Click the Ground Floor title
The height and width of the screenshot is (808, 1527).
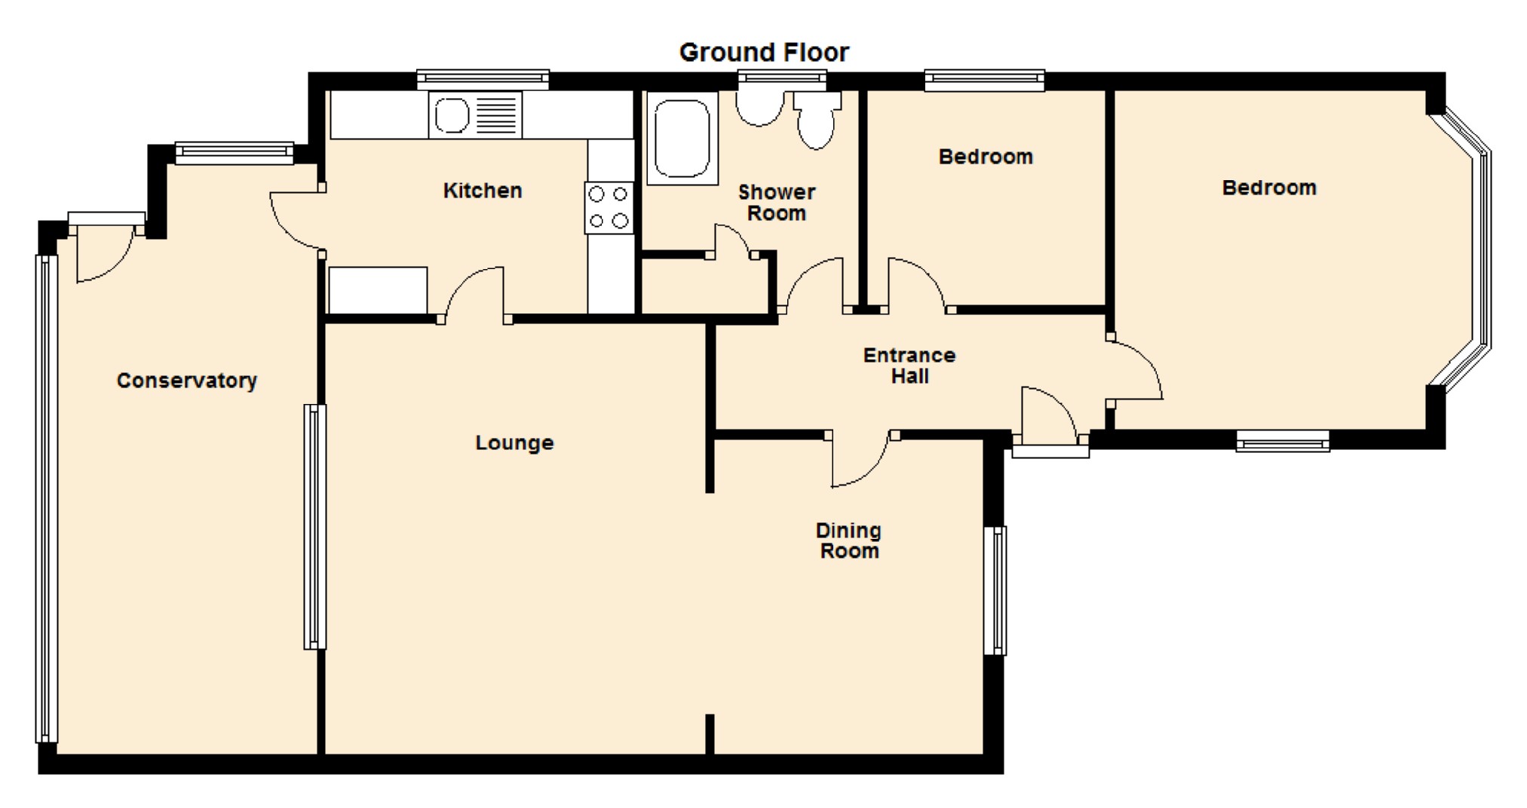764,52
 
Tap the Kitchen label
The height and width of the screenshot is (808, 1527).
483,191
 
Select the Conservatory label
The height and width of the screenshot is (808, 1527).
187,381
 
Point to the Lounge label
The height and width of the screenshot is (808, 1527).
514,442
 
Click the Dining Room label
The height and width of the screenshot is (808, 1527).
849,540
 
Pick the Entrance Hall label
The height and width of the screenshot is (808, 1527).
909,366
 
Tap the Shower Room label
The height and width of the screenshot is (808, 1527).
777,203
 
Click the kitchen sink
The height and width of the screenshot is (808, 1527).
475,115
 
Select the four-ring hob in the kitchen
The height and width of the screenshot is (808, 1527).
609,208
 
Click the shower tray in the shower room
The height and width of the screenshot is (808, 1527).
682,138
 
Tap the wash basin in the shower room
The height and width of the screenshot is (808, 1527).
760,108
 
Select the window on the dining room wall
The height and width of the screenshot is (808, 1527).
995,590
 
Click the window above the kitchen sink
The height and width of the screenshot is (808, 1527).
483,78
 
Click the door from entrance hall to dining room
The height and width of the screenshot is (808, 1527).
862,459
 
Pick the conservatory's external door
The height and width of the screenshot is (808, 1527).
105,249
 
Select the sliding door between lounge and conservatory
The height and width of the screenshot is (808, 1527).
315,527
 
